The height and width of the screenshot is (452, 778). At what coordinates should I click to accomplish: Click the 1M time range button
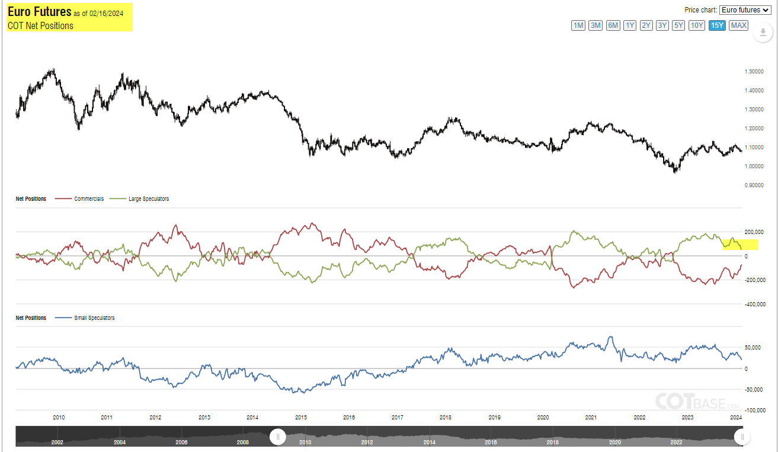click(x=578, y=25)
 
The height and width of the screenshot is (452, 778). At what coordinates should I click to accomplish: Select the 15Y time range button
click(x=718, y=25)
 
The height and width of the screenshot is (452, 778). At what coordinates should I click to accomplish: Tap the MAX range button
click(x=738, y=25)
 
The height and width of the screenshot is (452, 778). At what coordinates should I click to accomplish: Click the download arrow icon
click(x=763, y=33)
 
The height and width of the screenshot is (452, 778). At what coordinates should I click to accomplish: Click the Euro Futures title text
click(x=39, y=12)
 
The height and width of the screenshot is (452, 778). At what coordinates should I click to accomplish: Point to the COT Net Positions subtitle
click(x=40, y=25)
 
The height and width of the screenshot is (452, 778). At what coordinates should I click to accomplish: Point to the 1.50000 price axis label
click(x=753, y=72)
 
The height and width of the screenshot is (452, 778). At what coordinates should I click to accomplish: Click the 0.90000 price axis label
click(x=753, y=185)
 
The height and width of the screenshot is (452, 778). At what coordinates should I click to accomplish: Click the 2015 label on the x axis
click(x=300, y=418)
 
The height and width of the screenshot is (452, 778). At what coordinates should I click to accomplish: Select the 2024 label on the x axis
click(x=737, y=418)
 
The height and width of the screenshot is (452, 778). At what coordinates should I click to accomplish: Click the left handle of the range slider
click(x=277, y=437)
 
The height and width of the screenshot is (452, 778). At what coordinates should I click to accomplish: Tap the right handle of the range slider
click(x=741, y=437)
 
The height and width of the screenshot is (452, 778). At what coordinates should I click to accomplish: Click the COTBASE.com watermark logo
click(x=697, y=401)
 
